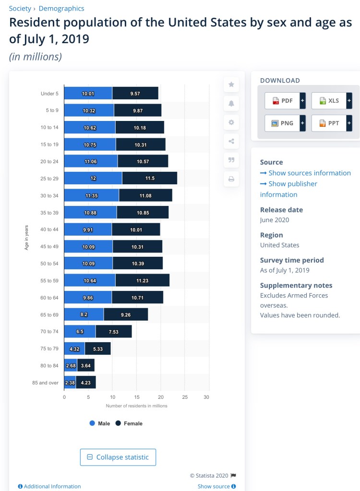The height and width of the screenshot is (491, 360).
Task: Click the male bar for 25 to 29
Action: pyautogui.click(x=93, y=178)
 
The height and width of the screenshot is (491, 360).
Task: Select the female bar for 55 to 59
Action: pyautogui.click(x=142, y=280)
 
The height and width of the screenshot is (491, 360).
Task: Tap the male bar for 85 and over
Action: pyautogui.click(x=70, y=383)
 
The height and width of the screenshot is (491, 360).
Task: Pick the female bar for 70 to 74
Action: pyautogui.click(x=113, y=331)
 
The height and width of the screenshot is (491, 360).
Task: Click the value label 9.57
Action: pyautogui.click(x=135, y=93)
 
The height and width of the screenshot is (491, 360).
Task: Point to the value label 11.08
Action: pyautogui.click(x=145, y=195)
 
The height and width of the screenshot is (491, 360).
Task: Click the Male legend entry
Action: pyautogui.click(x=100, y=423)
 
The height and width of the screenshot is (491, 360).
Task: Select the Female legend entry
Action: pyautogui.click(x=129, y=423)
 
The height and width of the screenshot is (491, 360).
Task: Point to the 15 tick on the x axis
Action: pyautogui.click(x=136, y=397)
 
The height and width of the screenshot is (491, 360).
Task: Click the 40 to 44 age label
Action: pyautogui.click(x=49, y=229)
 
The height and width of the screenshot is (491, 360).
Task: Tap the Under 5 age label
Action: pyautogui.click(x=49, y=93)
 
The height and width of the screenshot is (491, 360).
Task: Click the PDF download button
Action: pyautogui.click(x=282, y=101)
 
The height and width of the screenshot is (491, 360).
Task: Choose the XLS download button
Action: pyautogui.click(x=329, y=101)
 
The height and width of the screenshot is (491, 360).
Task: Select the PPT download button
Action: pyautogui.click(x=329, y=123)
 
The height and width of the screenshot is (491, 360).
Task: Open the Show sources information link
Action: pyautogui.click(x=305, y=173)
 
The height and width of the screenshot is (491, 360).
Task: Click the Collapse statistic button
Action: pyautogui.click(x=118, y=457)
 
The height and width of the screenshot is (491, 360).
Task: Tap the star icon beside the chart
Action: pyautogui.click(x=231, y=84)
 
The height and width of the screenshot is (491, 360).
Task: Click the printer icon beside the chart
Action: pyautogui.click(x=231, y=179)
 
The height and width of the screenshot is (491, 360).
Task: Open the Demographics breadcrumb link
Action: pyautogui.click(x=61, y=8)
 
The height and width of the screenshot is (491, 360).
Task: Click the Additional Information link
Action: pyautogui.click(x=49, y=486)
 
